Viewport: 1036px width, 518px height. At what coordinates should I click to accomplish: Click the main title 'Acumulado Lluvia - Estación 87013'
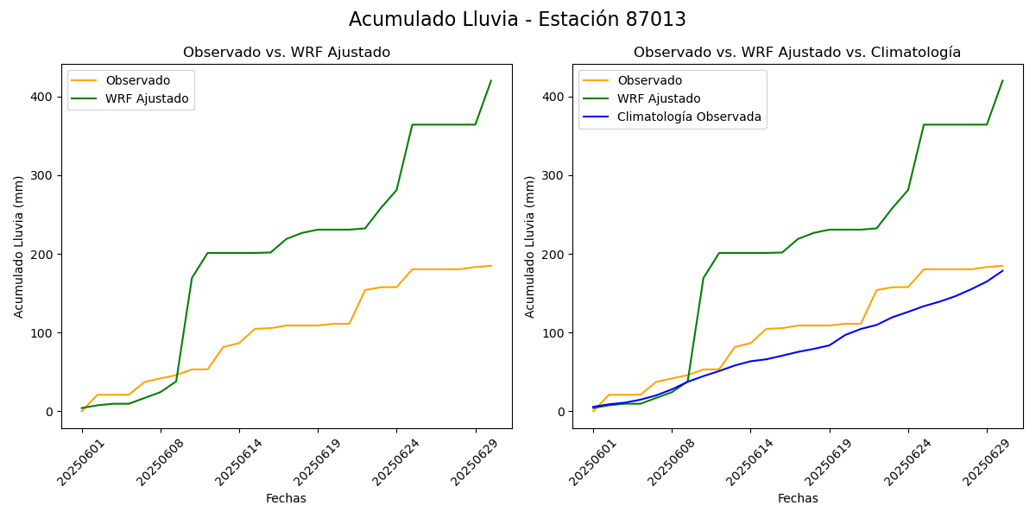(517, 20)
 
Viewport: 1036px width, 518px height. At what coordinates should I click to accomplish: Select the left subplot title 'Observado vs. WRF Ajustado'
(287, 53)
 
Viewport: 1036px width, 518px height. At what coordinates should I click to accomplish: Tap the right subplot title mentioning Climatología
(797, 53)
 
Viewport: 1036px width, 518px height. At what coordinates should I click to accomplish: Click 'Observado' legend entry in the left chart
(138, 81)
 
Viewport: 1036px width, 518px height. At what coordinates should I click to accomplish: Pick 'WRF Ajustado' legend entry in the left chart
(147, 98)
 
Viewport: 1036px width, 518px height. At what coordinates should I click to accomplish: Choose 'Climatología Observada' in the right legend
(689, 117)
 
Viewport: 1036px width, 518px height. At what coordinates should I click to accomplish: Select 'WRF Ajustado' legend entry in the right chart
(659, 98)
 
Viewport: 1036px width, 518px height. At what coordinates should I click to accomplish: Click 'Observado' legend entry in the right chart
(649, 81)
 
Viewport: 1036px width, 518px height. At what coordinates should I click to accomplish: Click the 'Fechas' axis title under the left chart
(286, 498)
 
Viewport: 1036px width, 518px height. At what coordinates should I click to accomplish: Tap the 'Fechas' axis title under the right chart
(798, 498)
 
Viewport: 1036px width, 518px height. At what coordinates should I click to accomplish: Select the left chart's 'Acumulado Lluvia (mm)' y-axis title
(19, 246)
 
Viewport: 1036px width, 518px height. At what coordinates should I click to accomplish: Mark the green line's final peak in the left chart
(491, 81)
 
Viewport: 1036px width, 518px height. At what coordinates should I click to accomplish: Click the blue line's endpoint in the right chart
(1002, 271)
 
